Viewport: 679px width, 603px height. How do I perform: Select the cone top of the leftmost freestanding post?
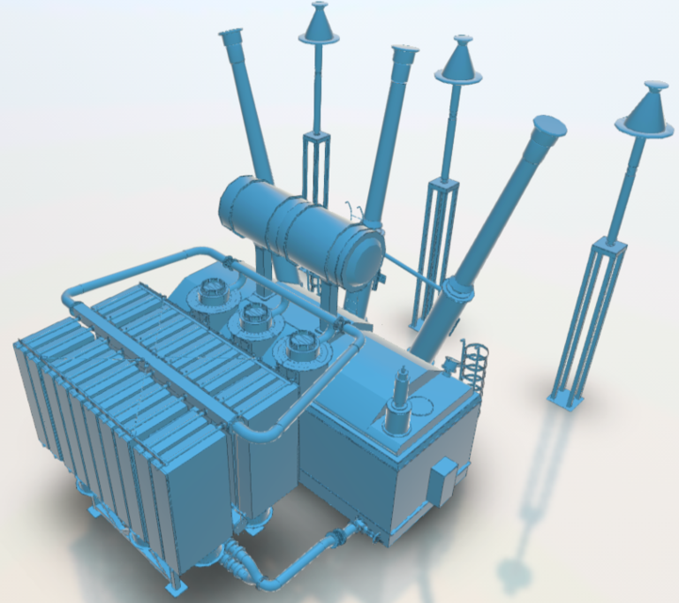[x=318, y=24]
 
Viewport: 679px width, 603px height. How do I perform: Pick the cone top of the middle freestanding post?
[x=460, y=61]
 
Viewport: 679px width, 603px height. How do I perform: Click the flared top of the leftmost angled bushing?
[x=231, y=37]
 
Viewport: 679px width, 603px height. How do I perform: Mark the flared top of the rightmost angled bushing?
[x=546, y=130]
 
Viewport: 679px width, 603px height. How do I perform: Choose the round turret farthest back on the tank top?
[x=210, y=293]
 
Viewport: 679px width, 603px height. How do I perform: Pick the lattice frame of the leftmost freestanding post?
[x=316, y=170]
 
